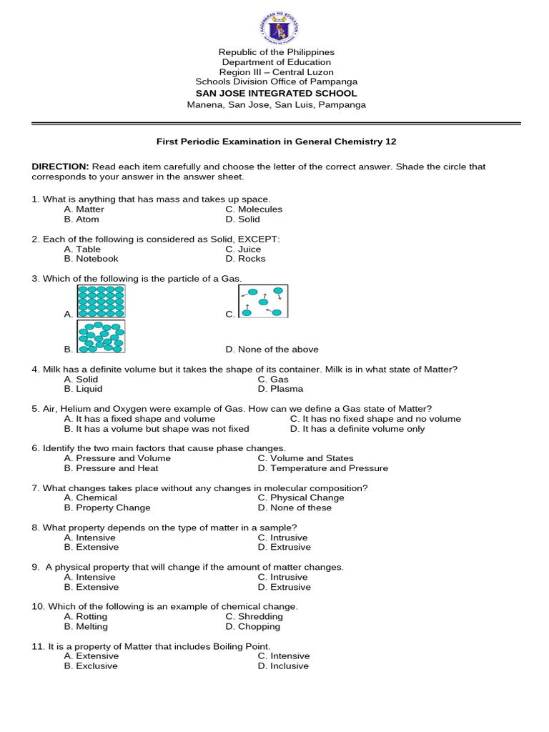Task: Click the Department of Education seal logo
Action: click(x=276, y=26)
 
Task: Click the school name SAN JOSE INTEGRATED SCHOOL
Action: click(x=276, y=94)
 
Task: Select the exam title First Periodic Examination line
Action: click(x=276, y=142)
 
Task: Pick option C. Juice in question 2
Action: click(x=243, y=249)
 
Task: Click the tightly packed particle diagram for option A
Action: click(x=101, y=301)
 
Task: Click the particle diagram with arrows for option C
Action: click(x=263, y=301)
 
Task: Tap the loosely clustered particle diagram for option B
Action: click(x=101, y=336)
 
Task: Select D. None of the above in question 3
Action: click(x=272, y=350)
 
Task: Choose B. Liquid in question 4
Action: click(x=83, y=389)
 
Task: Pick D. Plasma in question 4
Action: click(x=280, y=389)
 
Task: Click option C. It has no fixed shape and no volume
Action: click(x=375, y=419)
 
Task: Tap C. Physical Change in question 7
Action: click(x=301, y=498)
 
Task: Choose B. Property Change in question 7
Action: click(x=107, y=508)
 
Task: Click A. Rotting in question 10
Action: click(x=86, y=616)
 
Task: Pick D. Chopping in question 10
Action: click(x=253, y=626)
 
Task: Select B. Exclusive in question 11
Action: click(x=91, y=666)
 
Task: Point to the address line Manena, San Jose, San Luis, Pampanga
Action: click(x=276, y=104)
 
